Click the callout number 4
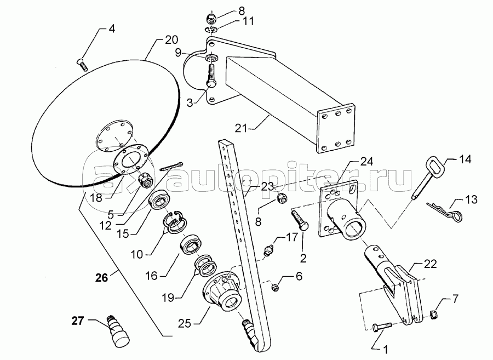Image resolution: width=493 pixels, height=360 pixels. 112,29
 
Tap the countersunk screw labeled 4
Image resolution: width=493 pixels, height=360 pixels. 82,65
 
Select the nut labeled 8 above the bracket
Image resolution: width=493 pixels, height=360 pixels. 210,18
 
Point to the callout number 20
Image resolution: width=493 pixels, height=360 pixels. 171,40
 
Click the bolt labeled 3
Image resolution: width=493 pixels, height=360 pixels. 211,75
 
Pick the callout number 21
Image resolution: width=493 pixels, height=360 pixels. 241,128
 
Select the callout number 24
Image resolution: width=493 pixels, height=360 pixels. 366,162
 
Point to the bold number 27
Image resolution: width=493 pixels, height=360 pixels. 78,321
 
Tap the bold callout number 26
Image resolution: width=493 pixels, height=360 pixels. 102,278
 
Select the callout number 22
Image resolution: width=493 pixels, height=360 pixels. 430,264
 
